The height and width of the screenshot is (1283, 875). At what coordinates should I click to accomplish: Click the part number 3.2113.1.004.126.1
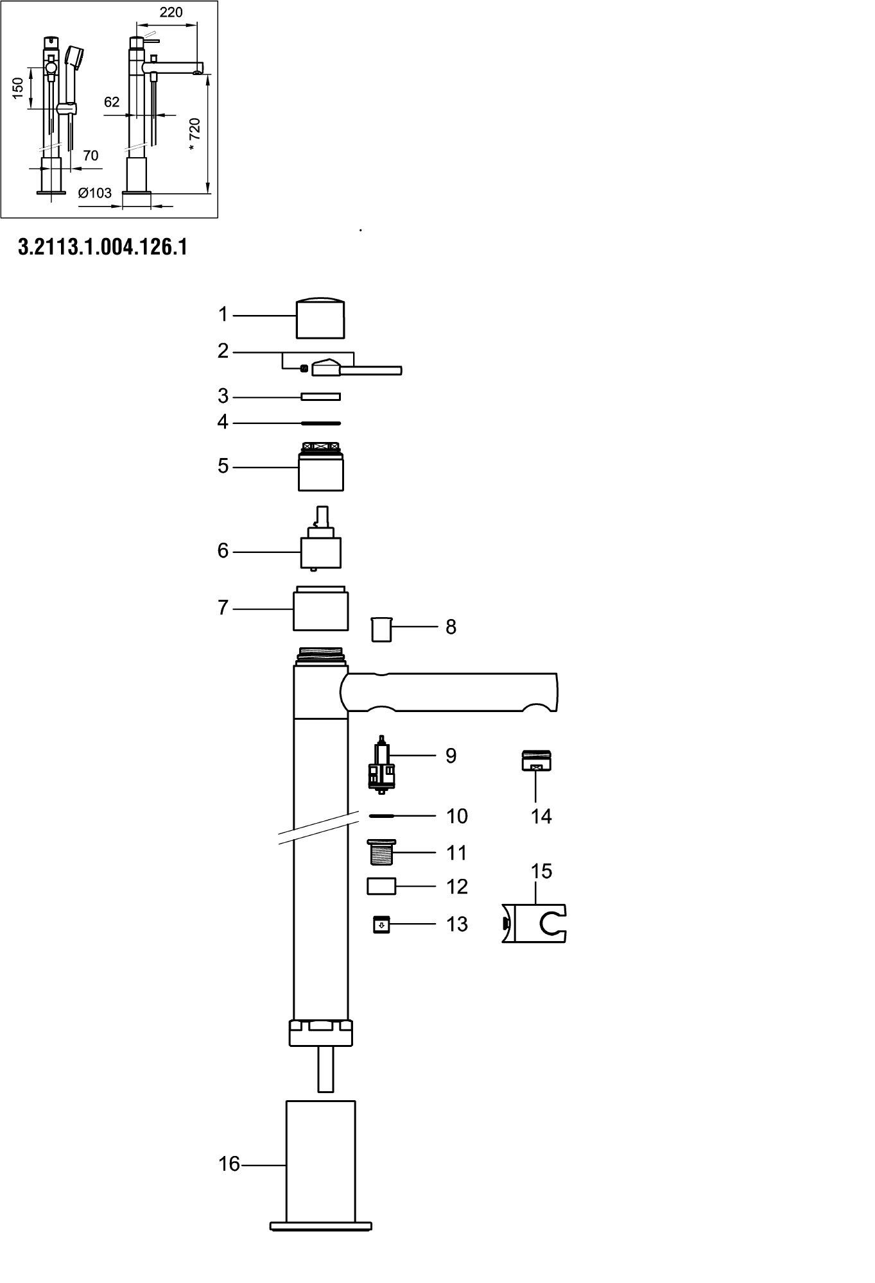[103, 247]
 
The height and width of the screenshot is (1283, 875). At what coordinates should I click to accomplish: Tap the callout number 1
[223, 314]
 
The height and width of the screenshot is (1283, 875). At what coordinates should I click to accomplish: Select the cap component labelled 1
[320, 318]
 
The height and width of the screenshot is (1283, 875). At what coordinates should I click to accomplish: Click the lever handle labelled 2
[356, 368]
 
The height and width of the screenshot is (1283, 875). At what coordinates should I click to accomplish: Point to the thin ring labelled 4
[321, 423]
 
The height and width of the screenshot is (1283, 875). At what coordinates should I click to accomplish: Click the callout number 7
[223, 608]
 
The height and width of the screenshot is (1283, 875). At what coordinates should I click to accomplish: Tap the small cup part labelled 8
[381, 629]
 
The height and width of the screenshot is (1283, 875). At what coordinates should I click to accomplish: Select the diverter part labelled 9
[383, 765]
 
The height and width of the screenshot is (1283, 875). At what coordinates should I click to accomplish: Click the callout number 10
[457, 816]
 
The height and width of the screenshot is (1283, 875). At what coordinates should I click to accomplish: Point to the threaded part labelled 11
[381, 853]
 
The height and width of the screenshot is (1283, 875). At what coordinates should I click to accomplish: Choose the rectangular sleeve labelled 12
[381, 887]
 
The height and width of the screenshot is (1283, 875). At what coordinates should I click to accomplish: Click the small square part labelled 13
[381, 924]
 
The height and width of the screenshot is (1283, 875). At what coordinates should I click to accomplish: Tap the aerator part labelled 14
[536, 761]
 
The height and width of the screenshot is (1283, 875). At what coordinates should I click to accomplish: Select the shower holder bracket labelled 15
[534, 923]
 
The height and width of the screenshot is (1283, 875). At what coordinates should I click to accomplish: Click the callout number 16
[229, 1164]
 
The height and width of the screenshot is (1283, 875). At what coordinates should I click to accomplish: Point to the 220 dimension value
[171, 12]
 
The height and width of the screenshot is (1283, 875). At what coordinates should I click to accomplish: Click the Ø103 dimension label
[95, 193]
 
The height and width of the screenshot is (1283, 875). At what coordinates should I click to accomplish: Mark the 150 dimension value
[18, 88]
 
